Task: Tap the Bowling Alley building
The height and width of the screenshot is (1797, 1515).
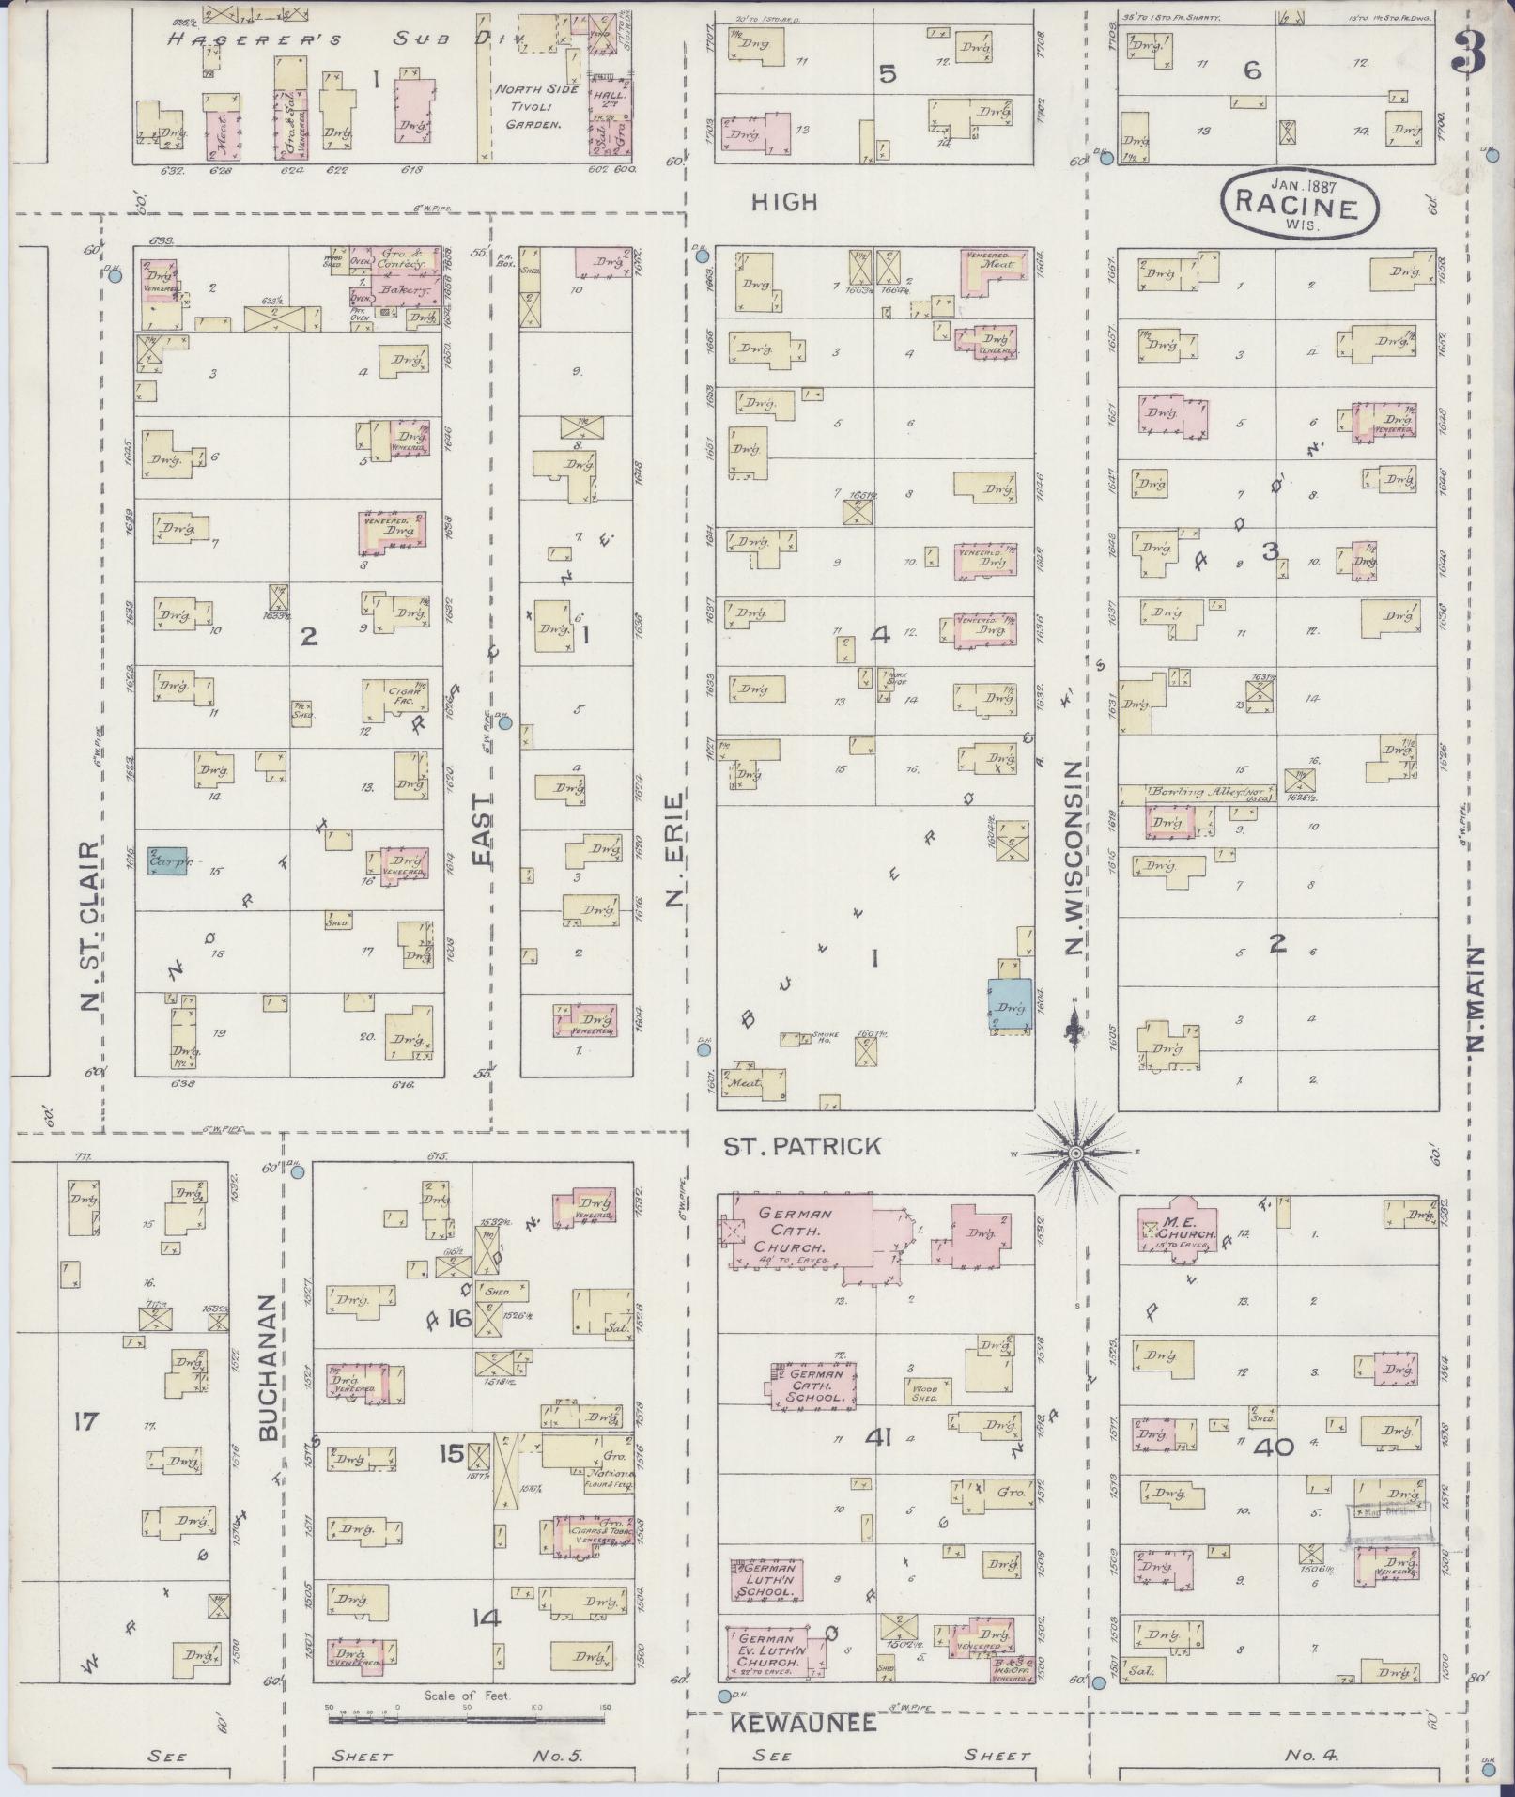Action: click(x=1210, y=795)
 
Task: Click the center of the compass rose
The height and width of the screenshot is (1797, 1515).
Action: click(x=1076, y=1152)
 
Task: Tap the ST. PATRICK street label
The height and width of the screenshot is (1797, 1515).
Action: click(x=801, y=1146)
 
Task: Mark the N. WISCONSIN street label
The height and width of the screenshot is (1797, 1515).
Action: click(x=1076, y=858)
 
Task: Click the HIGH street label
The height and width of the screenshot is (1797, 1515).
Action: click(x=784, y=202)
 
